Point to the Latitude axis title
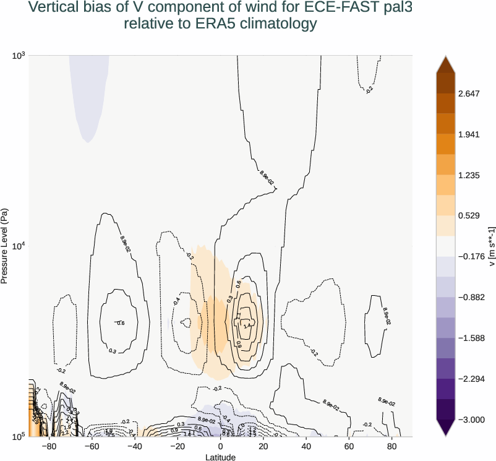click(x=221, y=457)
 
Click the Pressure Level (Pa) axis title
click(x=5, y=246)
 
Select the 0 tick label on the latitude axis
click(x=221, y=446)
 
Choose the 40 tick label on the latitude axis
click(x=306, y=446)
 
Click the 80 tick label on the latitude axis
click(x=391, y=446)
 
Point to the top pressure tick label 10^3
click(x=19, y=56)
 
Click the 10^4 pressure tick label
click(x=19, y=246)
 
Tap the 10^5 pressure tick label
click(x=19, y=437)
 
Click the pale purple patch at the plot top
click(x=89, y=93)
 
